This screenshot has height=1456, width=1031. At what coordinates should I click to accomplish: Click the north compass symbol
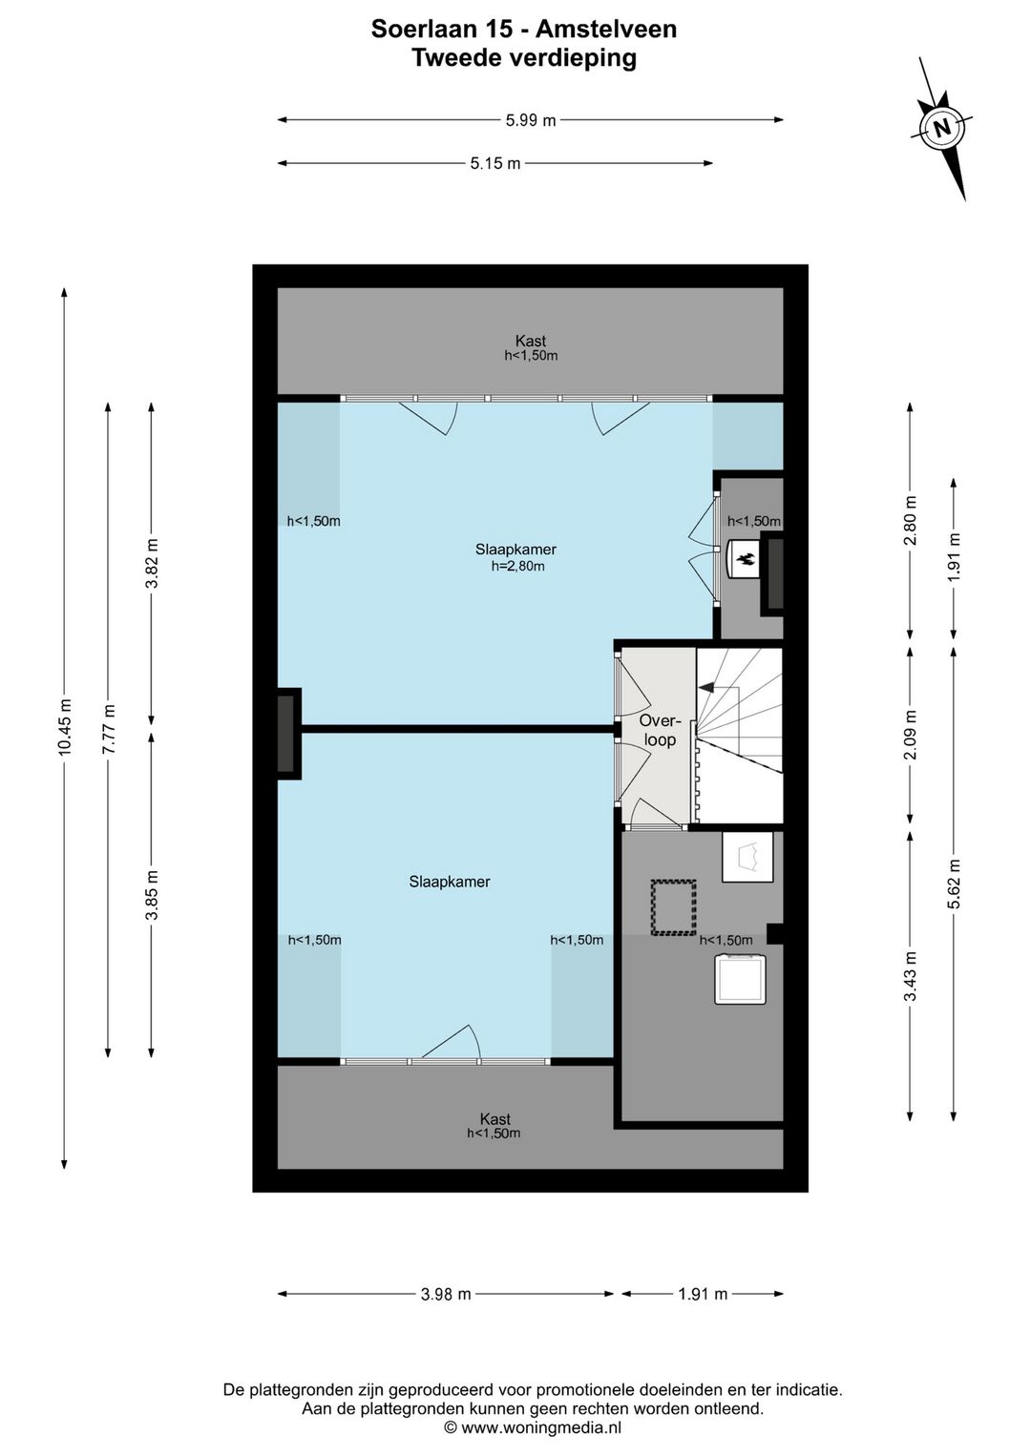pos(941,128)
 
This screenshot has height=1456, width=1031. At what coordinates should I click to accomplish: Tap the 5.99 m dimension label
pos(531,119)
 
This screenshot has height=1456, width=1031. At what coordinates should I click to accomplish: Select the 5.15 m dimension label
pos(495,163)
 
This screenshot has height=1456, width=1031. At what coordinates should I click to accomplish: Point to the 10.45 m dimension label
pos(64,727)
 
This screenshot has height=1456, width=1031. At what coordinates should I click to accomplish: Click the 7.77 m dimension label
pos(108,729)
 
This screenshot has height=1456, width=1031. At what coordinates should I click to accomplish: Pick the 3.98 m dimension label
pos(446,1294)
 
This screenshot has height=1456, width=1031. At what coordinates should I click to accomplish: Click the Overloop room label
pos(660,730)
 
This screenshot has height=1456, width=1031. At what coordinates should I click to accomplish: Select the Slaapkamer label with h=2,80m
pos(515,557)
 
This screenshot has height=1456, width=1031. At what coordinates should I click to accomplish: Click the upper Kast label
pos(531,341)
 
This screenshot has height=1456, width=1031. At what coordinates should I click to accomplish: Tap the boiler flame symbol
pos(746,557)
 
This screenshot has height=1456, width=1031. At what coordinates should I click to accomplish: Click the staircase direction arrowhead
pos(705,686)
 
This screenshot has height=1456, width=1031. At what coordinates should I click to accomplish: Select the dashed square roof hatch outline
pos(673,908)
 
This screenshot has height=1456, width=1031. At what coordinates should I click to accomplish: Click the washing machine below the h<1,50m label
pos(740,978)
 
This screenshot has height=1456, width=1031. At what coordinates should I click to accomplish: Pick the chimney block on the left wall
pos(289,733)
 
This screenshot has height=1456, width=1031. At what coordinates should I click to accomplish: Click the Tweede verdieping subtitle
pos(524,58)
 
